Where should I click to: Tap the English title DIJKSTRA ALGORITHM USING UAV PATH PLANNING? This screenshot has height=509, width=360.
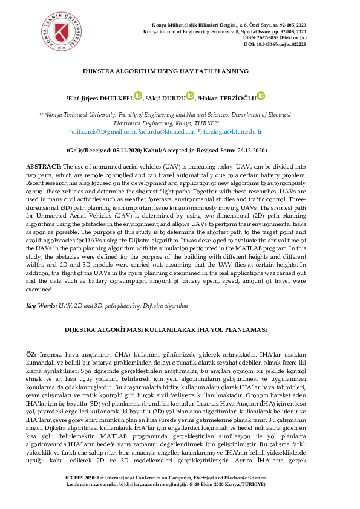(166, 71)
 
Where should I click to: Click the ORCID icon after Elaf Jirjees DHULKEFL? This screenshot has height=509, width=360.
(138, 96)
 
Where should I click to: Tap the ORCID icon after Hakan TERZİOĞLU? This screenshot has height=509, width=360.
(261, 96)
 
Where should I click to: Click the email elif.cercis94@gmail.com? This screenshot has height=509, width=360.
(104, 131)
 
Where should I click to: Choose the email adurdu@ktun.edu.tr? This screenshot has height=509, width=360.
(168, 131)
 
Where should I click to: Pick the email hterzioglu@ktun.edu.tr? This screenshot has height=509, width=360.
(231, 131)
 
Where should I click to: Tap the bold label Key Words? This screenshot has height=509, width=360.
(39, 306)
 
